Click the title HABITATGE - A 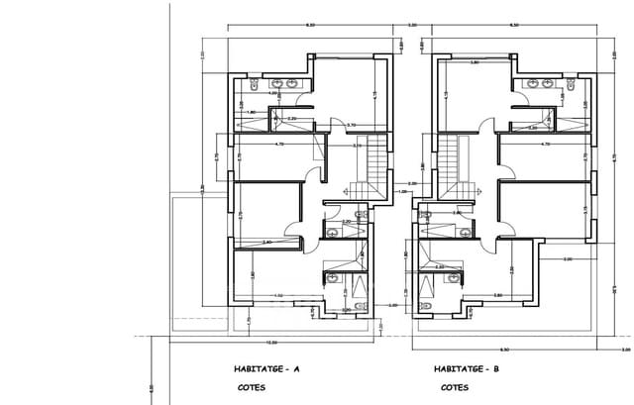pyautogui.click(x=267, y=368)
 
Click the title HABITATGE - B pyautogui.click(x=467, y=368)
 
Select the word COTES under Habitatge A pyautogui.click(x=251, y=387)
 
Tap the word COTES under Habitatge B pyautogui.click(x=455, y=387)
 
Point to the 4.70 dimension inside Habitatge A pyautogui.click(x=278, y=145)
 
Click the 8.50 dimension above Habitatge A pyautogui.click(x=310, y=25)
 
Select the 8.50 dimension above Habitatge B pyautogui.click(x=513, y=25)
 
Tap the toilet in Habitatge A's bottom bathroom pyautogui.click(x=334, y=278)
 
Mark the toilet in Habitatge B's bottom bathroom pyautogui.click(x=453, y=278)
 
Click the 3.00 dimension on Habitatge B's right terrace pyautogui.click(x=567, y=259)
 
